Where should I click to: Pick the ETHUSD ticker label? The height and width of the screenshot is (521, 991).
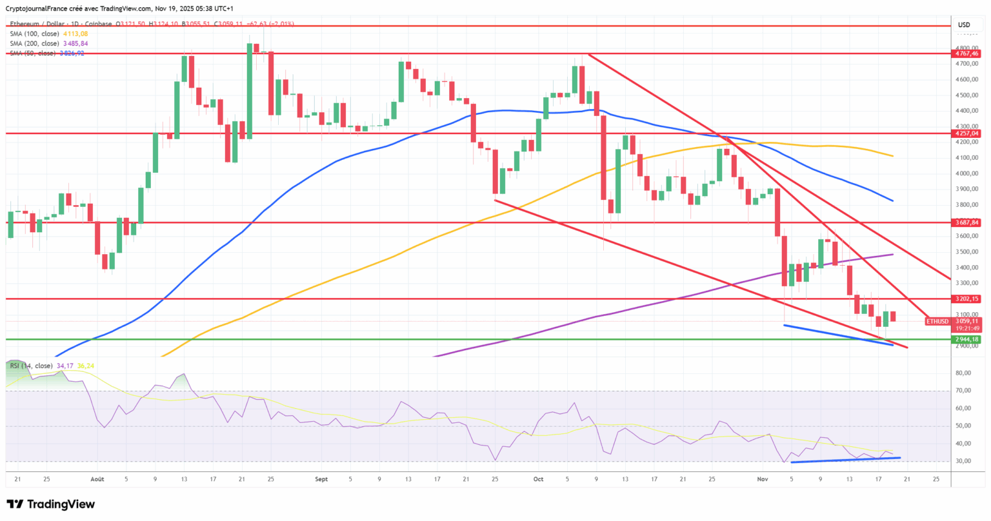[x=937, y=321]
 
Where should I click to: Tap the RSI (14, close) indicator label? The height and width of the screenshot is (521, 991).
[x=31, y=366]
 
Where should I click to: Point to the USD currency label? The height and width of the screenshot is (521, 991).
[x=963, y=25]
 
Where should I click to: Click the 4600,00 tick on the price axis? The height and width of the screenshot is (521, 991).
[x=966, y=80]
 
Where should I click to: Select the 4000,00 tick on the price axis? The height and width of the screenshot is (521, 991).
[x=966, y=173]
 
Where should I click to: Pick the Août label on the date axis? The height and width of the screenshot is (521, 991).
[x=97, y=479]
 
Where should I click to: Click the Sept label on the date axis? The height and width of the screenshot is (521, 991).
[x=321, y=479]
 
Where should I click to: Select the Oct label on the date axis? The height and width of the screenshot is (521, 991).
[x=539, y=479]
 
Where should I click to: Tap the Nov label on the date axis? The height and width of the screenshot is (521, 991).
[x=763, y=479]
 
